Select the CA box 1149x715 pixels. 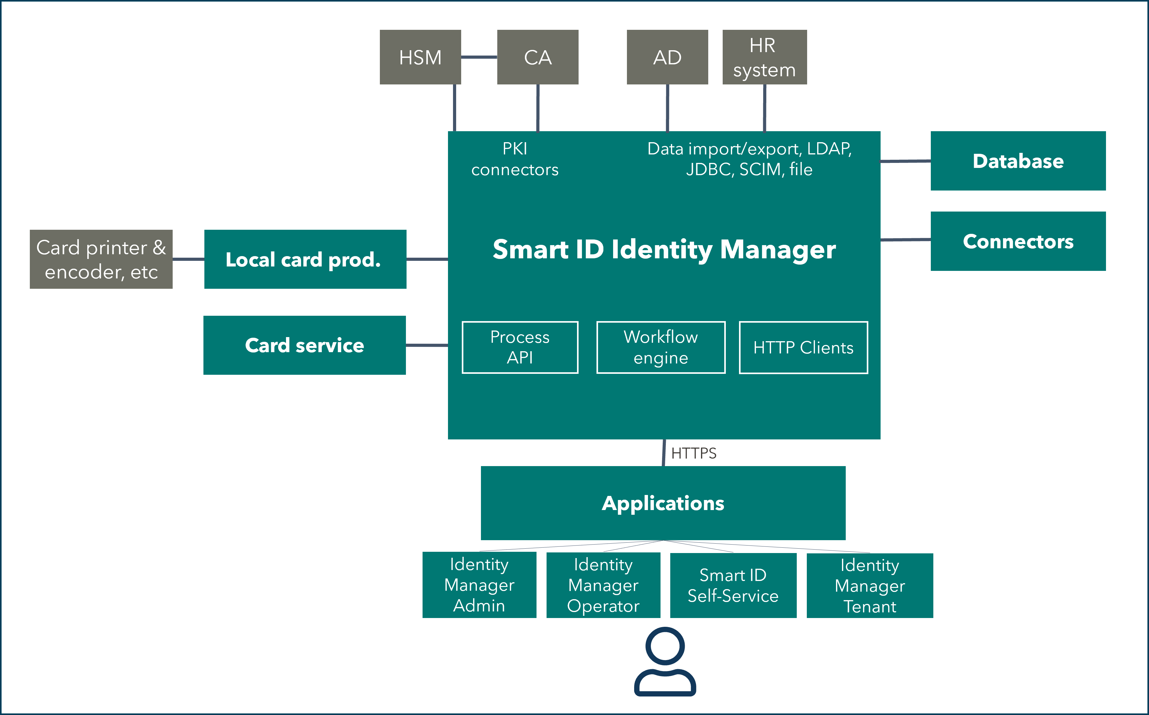click(x=538, y=57)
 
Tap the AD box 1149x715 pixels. click(x=667, y=57)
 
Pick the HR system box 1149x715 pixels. click(x=764, y=57)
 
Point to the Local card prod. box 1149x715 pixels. click(x=305, y=259)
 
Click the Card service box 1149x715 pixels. click(x=305, y=345)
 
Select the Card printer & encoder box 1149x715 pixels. click(x=101, y=259)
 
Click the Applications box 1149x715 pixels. click(x=663, y=503)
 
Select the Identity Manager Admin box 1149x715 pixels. click(x=479, y=585)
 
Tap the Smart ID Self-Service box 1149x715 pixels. click(x=733, y=585)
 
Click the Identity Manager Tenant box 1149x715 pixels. click(x=870, y=585)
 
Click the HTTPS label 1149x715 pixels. click(x=694, y=453)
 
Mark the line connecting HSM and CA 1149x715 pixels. click(x=479, y=57)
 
